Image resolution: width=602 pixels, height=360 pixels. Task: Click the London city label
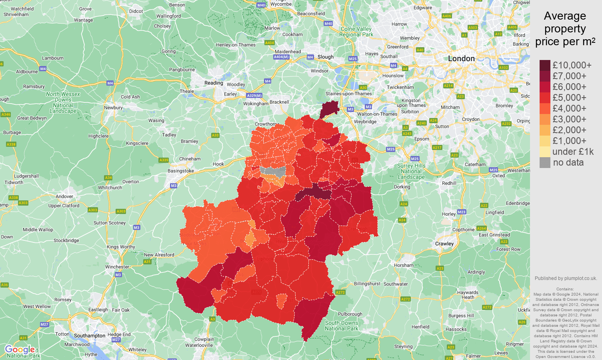pyautogui.click(x=461, y=59)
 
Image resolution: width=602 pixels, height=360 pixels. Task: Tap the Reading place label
pyautogui.click(x=214, y=83)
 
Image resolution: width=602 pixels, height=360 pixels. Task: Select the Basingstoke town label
pyautogui.click(x=181, y=171)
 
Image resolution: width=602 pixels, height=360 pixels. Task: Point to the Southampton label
pyautogui.click(x=90, y=336)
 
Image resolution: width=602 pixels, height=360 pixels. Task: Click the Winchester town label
pyautogui.click(x=117, y=267)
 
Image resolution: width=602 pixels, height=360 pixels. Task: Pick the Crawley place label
pyautogui.click(x=444, y=244)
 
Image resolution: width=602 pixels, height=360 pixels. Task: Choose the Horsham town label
pyautogui.click(x=404, y=265)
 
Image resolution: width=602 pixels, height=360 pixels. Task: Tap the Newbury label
pyautogui.click(x=113, y=108)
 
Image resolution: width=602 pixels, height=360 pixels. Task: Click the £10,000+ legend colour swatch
pyautogui.click(x=545, y=65)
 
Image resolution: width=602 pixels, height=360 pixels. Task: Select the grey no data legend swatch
pyautogui.click(x=545, y=162)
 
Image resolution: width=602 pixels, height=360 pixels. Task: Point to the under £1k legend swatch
pyautogui.click(x=545, y=152)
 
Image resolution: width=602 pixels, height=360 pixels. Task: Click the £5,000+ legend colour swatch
pyautogui.click(x=545, y=98)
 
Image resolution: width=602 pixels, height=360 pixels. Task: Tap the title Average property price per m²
pyautogui.click(x=565, y=29)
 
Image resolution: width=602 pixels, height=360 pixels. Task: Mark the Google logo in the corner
pyautogui.click(x=19, y=350)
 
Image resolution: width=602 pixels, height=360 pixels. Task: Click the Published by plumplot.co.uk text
pyautogui.click(x=566, y=278)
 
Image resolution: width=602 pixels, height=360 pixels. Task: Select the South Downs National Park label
pyautogui.click(x=341, y=326)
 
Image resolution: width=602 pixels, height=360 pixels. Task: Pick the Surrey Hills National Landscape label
pyautogui.click(x=411, y=171)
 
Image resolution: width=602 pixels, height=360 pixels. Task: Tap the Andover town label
pyautogui.click(x=64, y=196)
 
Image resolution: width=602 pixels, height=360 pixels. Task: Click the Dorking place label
pyautogui.click(x=402, y=187)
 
